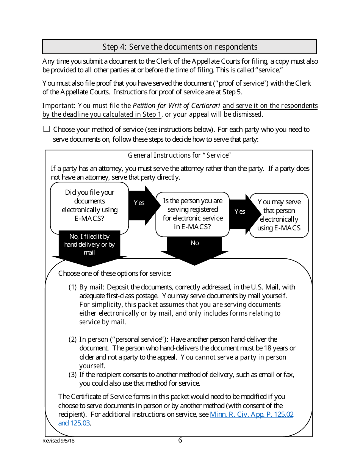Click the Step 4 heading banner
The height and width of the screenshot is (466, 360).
pyautogui.click(x=179, y=47)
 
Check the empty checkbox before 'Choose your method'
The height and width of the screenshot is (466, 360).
pyautogui.click(x=47, y=129)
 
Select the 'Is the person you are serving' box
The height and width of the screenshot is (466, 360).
pyautogui.click(x=193, y=214)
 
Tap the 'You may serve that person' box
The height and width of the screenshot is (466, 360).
pyautogui.click(x=279, y=215)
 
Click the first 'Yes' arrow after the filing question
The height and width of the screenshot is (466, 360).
pyautogui.click(x=140, y=203)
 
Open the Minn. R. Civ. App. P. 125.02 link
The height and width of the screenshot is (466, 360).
pyautogui.click(x=251, y=414)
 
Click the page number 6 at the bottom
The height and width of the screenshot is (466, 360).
pyautogui.click(x=180, y=440)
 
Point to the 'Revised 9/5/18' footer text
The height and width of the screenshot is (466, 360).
pyautogui.click(x=58, y=441)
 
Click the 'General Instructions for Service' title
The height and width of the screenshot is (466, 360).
pyautogui.click(x=179, y=155)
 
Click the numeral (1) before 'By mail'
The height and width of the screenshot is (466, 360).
pyautogui.click(x=72, y=287)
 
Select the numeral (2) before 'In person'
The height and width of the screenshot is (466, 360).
pyautogui.click(x=72, y=339)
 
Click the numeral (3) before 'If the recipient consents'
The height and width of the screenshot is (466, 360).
pyautogui.click(x=72, y=375)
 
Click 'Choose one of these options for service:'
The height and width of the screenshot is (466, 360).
pyautogui.click(x=114, y=274)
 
